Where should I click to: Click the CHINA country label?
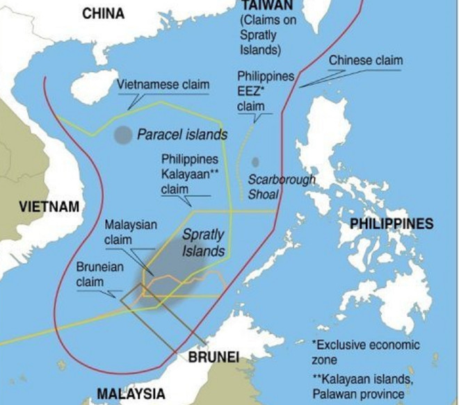pyautogui.click(x=103, y=13)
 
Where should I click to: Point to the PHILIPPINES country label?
pyautogui.click(x=391, y=224)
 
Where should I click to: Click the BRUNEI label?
pyautogui.click(x=214, y=357)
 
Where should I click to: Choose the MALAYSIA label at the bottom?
pyautogui.click(x=131, y=393)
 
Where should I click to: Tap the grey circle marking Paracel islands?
pyautogui.click(x=123, y=135)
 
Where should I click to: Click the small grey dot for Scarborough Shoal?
pyautogui.click(x=255, y=162)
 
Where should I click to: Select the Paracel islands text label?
pyautogui.click(x=182, y=134)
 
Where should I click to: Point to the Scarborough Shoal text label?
pyautogui.click(x=281, y=187)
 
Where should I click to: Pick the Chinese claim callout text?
pyautogui.click(x=365, y=60)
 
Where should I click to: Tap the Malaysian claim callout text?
pyautogui.click(x=131, y=232)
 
